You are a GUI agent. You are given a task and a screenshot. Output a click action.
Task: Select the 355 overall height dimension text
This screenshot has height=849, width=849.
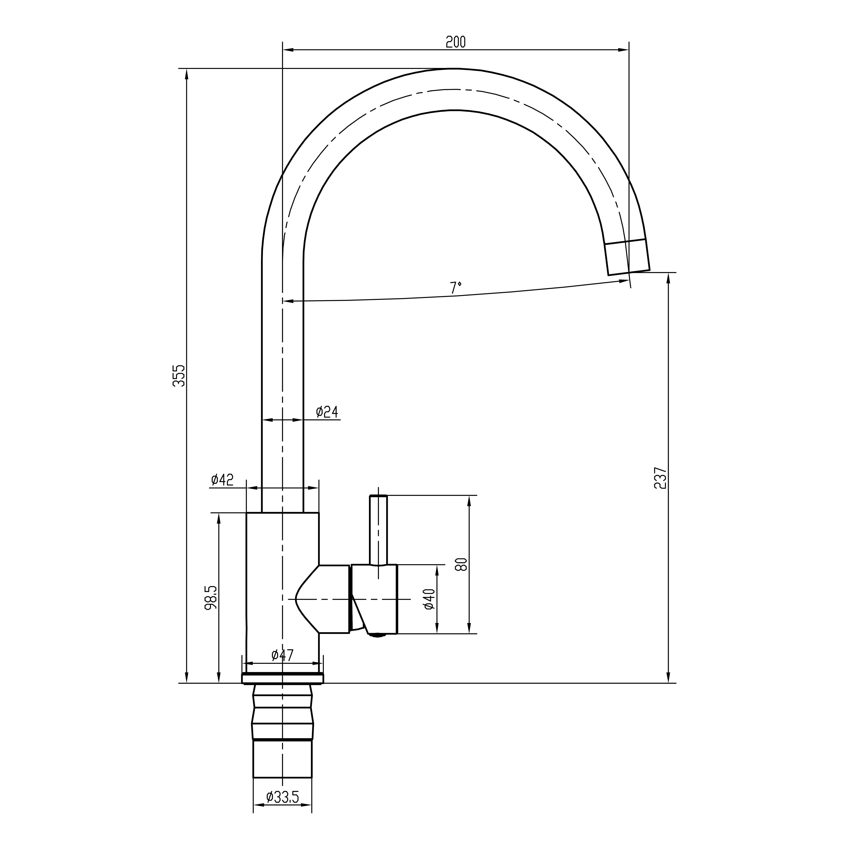click(179, 376)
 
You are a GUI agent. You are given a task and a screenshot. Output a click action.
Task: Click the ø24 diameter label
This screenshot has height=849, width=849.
click(327, 412)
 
